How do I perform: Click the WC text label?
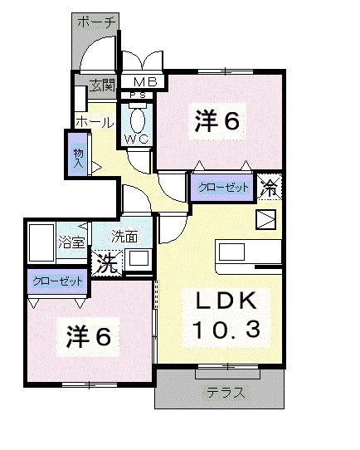137,139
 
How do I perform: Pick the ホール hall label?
94,122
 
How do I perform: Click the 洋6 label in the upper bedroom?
217,121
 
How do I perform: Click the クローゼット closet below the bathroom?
57,281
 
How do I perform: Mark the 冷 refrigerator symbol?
270,187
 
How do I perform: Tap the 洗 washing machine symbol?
106,263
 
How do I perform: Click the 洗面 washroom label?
125,237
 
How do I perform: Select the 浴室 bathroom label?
72,242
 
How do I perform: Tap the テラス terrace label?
225,393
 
